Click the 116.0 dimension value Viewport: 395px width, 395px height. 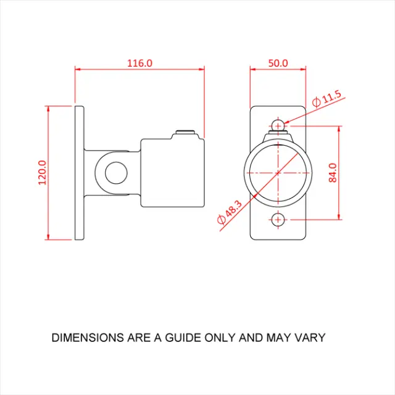click(x=139, y=63)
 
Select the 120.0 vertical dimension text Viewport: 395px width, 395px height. click(x=43, y=173)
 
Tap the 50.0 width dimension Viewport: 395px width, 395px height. click(x=278, y=63)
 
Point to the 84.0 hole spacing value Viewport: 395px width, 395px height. click(x=333, y=173)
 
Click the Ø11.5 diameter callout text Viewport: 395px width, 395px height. click(x=326, y=99)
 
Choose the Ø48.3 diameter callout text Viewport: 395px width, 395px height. click(x=230, y=212)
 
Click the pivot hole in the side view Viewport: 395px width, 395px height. click(x=116, y=173)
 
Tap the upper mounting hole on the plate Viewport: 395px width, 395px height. click(x=278, y=125)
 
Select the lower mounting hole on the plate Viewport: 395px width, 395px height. click(x=278, y=220)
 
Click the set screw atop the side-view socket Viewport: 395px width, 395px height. click(x=185, y=132)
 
